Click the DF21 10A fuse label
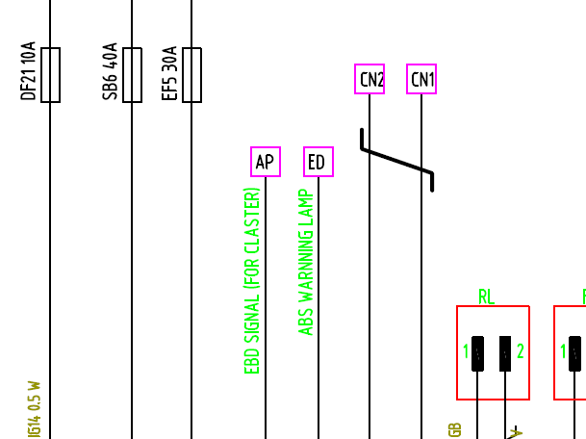[x=28, y=71]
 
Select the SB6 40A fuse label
[x=111, y=71]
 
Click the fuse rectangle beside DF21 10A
[x=51, y=75]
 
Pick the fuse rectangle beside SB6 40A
[x=133, y=75]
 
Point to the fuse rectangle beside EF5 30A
[x=192, y=75]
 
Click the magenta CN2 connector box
[x=369, y=80]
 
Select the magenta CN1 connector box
[x=421, y=80]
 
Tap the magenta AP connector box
[x=266, y=163]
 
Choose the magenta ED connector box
[x=318, y=163]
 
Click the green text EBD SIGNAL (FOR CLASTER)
[x=252, y=280]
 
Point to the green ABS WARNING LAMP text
[x=306, y=263]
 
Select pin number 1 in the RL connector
[x=465, y=351]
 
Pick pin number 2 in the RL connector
[x=521, y=351]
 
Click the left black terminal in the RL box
[x=478, y=352]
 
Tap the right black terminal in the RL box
[x=505, y=352]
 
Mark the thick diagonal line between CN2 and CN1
[x=396, y=161]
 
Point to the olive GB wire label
[x=454, y=429]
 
